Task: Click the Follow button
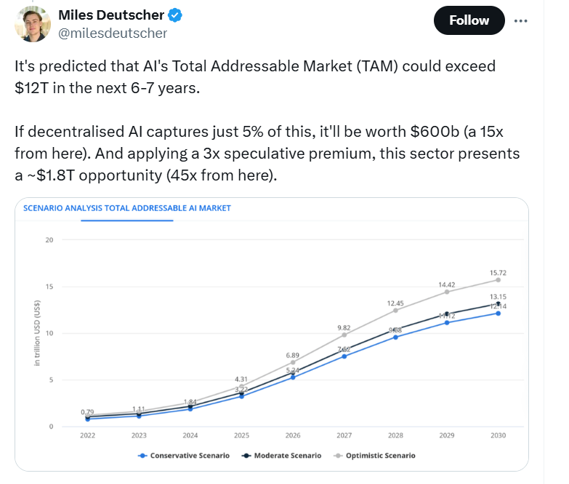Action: (469, 20)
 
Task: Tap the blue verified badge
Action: (175, 15)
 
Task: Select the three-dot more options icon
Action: (520, 20)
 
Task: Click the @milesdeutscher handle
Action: (112, 33)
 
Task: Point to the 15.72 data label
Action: (498, 272)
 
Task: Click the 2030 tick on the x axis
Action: (498, 435)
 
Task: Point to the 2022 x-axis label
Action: (87, 435)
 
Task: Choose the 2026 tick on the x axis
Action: (292, 435)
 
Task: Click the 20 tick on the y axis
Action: (50, 239)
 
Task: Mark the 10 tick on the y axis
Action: (50, 333)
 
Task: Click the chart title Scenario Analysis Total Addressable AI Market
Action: (127, 207)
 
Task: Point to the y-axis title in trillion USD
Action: (36, 333)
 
